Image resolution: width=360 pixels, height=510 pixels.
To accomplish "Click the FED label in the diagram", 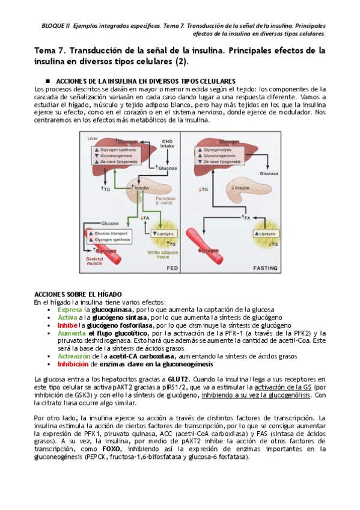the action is (172, 268).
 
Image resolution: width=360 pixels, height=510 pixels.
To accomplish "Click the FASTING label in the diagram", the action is (265, 268).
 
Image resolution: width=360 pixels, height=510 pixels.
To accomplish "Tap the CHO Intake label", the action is (167, 144).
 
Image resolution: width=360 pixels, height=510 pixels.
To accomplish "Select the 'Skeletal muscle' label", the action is (94, 261).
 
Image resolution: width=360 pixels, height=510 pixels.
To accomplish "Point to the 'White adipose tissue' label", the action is (163, 254).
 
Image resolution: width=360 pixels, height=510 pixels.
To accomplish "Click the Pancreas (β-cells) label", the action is (165, 200).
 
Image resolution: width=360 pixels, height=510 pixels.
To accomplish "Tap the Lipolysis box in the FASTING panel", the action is (266, 233).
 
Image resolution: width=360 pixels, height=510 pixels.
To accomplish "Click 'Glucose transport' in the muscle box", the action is (111, 233).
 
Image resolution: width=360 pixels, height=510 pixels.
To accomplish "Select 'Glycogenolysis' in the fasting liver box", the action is (218, 150).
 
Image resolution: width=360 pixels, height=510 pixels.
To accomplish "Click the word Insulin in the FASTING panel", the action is (242, 188).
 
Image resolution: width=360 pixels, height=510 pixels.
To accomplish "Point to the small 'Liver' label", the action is (93, 138).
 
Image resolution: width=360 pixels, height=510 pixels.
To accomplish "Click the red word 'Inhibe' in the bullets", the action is (67, 325).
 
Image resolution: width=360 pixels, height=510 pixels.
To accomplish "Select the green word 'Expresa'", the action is (70, 310).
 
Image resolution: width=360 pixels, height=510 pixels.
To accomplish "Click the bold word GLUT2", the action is (178, 379).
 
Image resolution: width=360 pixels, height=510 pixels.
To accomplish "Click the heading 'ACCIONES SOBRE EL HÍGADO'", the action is (78, 294).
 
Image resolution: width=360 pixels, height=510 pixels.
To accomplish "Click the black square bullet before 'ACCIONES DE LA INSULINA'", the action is (47, 81).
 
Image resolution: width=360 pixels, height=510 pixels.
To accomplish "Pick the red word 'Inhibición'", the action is (73, 364).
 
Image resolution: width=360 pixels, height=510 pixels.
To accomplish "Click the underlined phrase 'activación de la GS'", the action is (282, 387).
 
